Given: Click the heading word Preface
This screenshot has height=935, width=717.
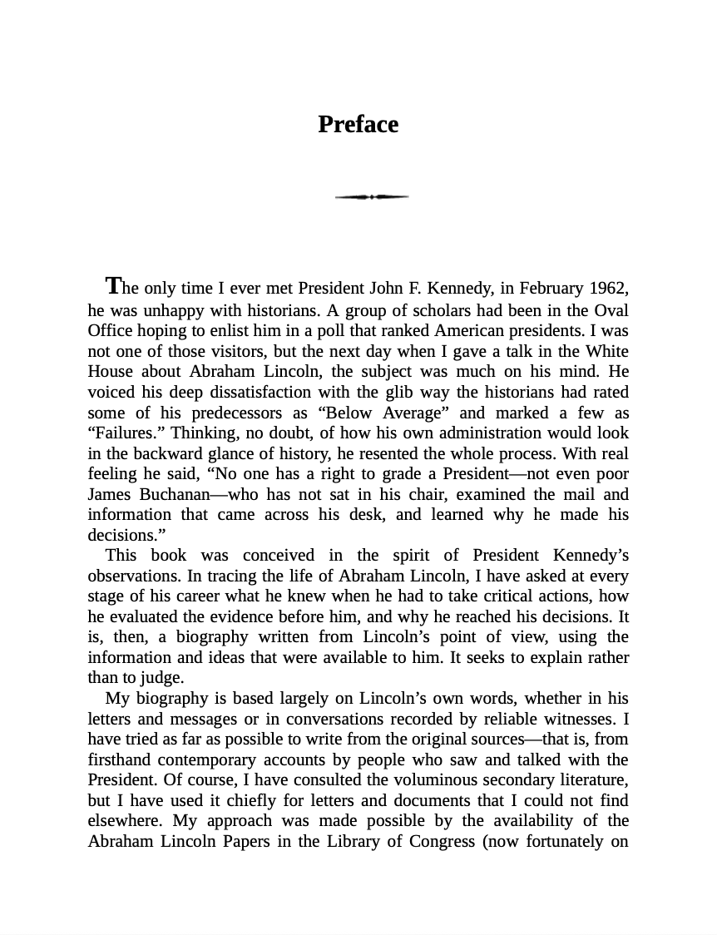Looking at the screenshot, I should (358, 125).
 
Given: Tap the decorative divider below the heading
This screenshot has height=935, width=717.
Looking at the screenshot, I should (372, 197).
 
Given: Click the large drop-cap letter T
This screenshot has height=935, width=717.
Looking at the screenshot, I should (114, 286).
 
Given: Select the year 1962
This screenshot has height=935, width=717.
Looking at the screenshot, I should (608, 289).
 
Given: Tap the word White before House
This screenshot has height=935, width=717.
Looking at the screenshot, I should (606, 351).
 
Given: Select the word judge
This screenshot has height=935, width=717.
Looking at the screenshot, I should (164, 677).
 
